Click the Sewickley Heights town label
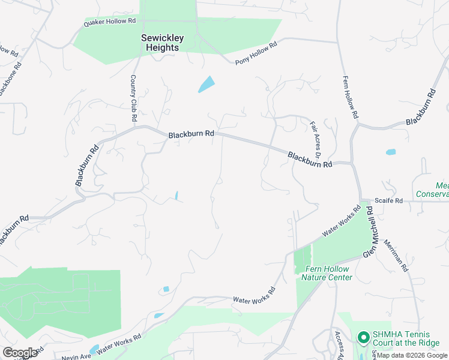pyautogui.click(x=160, y=43)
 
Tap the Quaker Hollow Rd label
pyautogui.click(x=110, y=22)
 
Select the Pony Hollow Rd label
pyautogui.click(x=256, y=53)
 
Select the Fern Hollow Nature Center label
pyautogui.click(x=328, y=273)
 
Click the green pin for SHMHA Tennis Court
pyautogui.click(x=363, y=338)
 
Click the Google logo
pyautogui.click(x=20, y=353)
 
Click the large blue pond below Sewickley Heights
pyautogui.click(x=206, y=84)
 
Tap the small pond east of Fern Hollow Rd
pyautogui.click(x=391, y=152)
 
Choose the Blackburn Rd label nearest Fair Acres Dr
pyautogui.click(x=310, y=160)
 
